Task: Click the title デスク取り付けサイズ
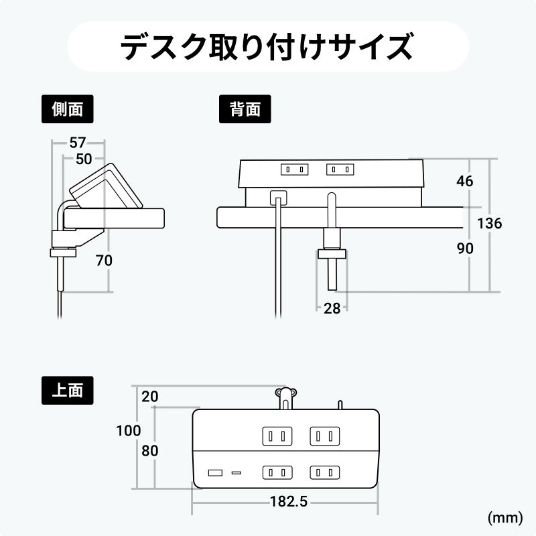click(x=268, y=48)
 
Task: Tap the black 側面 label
click(x=67, y=109)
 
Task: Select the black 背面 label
click(x=245, y=109)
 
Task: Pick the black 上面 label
click(x=67, y=389)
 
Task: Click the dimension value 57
click(x=78, y=143)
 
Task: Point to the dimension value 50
click(x=84, y=159)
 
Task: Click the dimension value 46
click(x=464, y=181)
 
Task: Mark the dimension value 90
click(x=464, y=249)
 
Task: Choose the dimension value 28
click(x=332, y=308)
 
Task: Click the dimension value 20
click(x=150, y=396)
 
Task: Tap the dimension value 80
click(x=150, y=451)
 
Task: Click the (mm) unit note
click(x=505, y=517)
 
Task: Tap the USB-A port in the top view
click(x=216, y=473)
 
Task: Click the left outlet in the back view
click(x=295, y=170)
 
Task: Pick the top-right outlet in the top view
click(x=324, y=437)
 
